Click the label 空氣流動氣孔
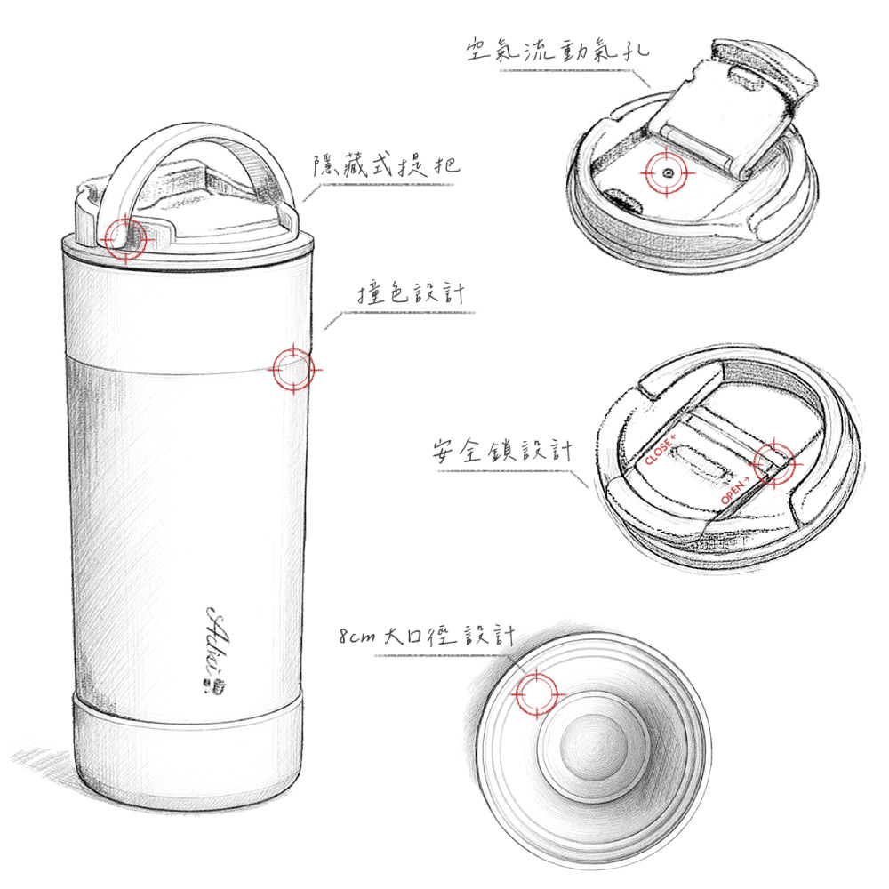coord(557,51)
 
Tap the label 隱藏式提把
coord(386,165)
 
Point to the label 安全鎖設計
coord(502,451)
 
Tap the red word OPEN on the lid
coord(735,491)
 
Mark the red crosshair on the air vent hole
coord(667,172)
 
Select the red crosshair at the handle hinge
coord(126,239)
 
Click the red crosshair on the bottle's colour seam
coord(292,370)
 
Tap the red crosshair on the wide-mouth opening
coord(536,693)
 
